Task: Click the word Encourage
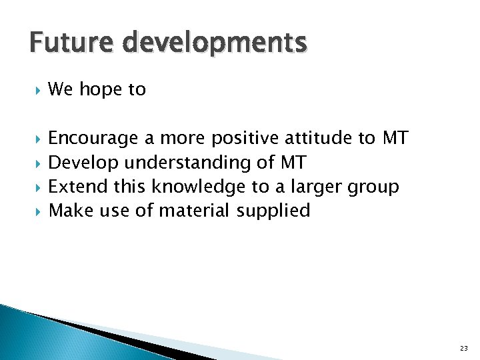(94, 139)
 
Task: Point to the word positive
(245, 139)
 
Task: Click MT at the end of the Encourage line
(395, 138)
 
